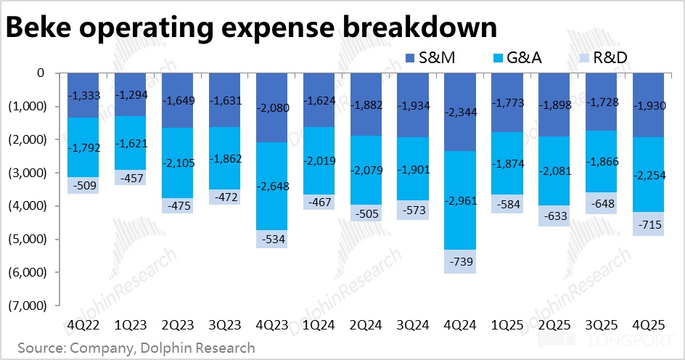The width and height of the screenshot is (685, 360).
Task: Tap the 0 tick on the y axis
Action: pyautogui.click(x=41, y=73)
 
